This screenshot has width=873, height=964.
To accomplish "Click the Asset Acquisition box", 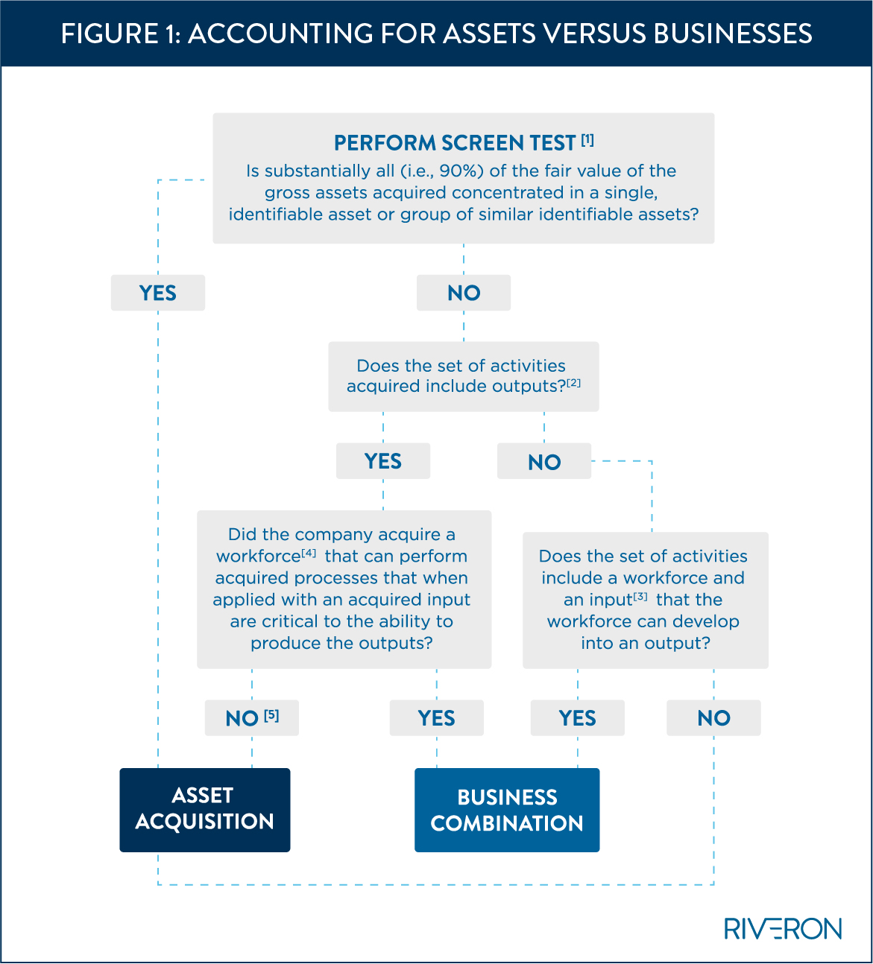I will tap(204, 810).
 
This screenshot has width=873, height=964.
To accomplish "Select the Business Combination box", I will tap(507, 810).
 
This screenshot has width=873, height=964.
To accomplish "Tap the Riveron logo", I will tap(783, 928).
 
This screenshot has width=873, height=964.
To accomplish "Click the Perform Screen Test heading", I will tap(455, 142).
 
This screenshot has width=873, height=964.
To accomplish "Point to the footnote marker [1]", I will tap(587, 139).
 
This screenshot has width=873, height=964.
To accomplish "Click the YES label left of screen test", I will tap(157, 293).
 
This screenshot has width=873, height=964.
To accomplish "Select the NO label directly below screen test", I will tap(464, 293).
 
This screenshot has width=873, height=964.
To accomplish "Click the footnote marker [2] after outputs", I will tap(573, 384).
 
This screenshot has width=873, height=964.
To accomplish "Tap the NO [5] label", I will tap(252, 718).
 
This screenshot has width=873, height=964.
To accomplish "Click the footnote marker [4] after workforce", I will tap(309, 554).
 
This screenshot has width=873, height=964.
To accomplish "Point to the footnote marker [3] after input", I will tap(640, 597).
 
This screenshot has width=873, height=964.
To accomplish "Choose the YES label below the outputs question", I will tap(383, 461).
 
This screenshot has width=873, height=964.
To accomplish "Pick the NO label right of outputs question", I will tap(544, 462).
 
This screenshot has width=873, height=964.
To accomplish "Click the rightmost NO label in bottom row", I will tap(713, 718).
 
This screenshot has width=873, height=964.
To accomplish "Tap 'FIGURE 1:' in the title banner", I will tap(120, 34).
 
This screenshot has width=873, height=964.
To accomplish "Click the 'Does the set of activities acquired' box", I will tap(463, 376).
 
